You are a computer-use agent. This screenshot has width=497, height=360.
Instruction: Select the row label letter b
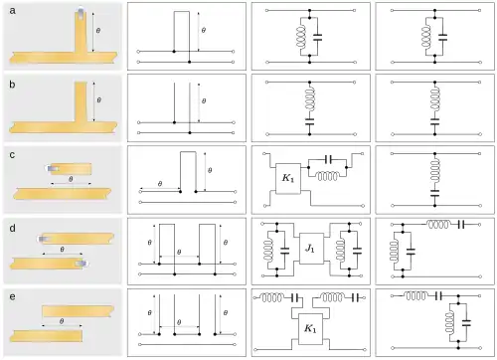pos(10,81)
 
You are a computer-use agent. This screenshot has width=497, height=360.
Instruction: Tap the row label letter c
pos(10,153)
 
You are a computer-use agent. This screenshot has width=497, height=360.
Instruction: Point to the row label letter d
pos(10,226)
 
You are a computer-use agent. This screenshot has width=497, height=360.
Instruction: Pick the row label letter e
pos(10,297)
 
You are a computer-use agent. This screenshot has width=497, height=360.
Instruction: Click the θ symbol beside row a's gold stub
pos(97,31)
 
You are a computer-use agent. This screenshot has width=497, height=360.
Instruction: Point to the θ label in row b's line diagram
pos(203,101)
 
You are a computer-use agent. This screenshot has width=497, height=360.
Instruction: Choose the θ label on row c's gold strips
pos(70,180)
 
